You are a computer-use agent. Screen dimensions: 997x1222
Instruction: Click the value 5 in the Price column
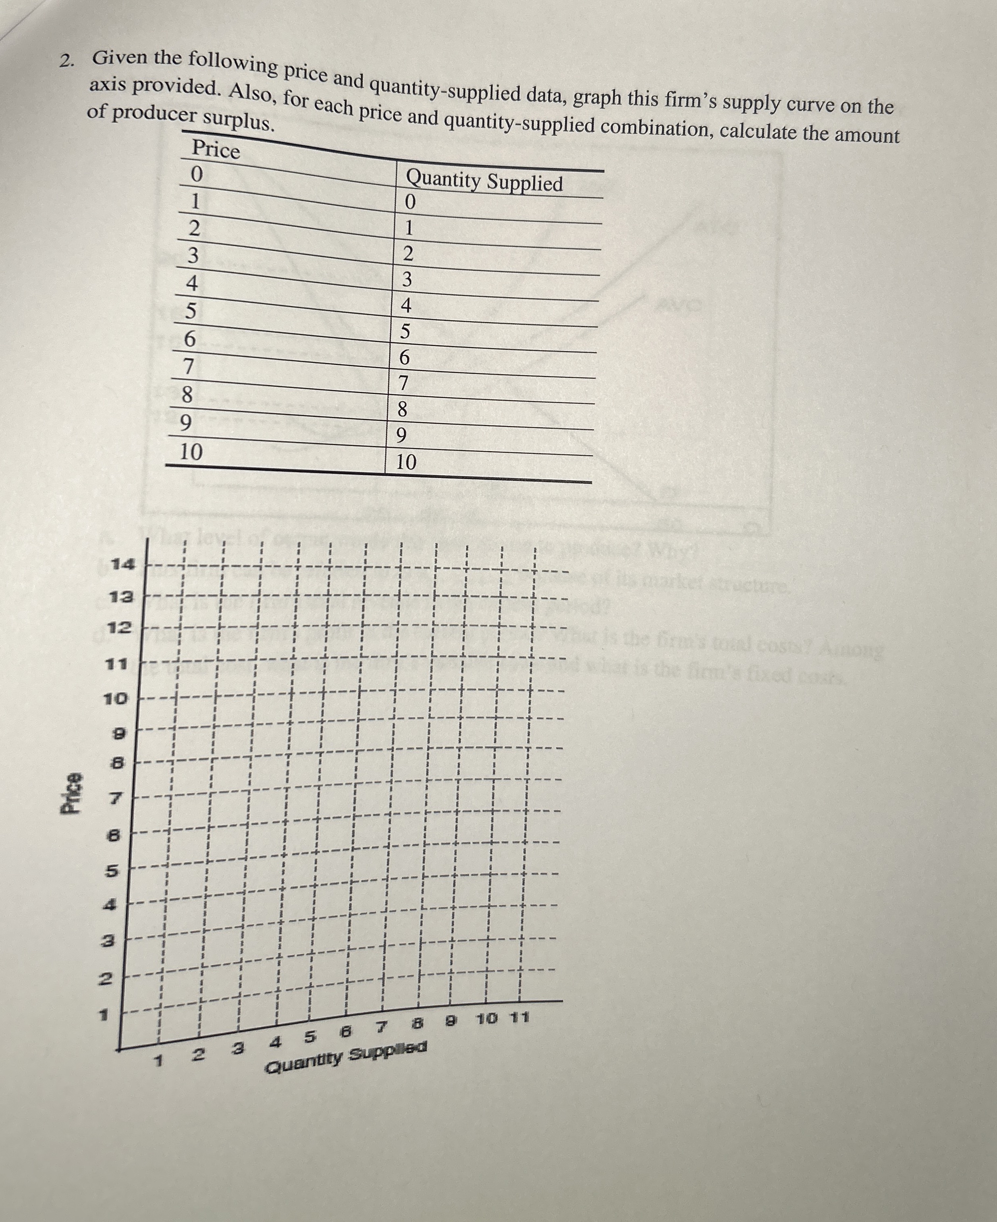pos(191,311)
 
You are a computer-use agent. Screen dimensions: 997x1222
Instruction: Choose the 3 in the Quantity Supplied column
pos(407,280)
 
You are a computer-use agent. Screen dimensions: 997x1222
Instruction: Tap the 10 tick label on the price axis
pos(115,699)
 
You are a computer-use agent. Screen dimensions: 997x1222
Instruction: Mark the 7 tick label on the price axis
pos(115,798)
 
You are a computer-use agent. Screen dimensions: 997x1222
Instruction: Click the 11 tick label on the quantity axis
pos(520,1018)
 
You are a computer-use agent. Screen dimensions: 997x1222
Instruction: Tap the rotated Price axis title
pos(72,793)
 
